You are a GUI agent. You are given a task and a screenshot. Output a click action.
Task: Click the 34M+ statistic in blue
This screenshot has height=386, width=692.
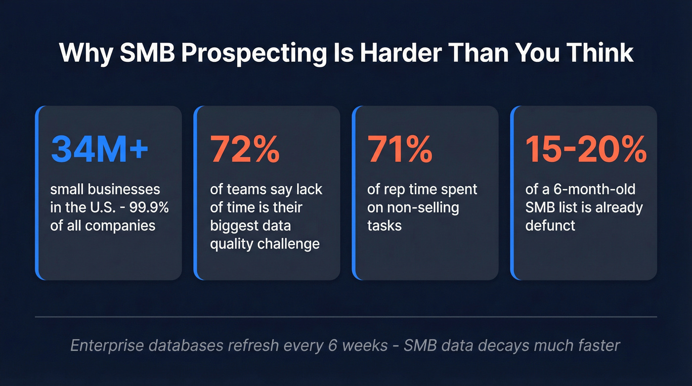[99, 149]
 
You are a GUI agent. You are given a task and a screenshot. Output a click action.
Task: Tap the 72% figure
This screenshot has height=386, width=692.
[245, 149]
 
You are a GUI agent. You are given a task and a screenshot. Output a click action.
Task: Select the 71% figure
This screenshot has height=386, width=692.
[400, 149]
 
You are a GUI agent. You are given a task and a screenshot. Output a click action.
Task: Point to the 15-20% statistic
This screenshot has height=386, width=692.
[586, 149]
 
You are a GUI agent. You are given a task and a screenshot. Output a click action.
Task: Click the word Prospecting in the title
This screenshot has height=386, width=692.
[251, 53]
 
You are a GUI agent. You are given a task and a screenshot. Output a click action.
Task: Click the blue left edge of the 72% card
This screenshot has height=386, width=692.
[196, 193]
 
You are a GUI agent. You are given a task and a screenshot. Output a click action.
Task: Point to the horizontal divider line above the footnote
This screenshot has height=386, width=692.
[346, 316]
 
